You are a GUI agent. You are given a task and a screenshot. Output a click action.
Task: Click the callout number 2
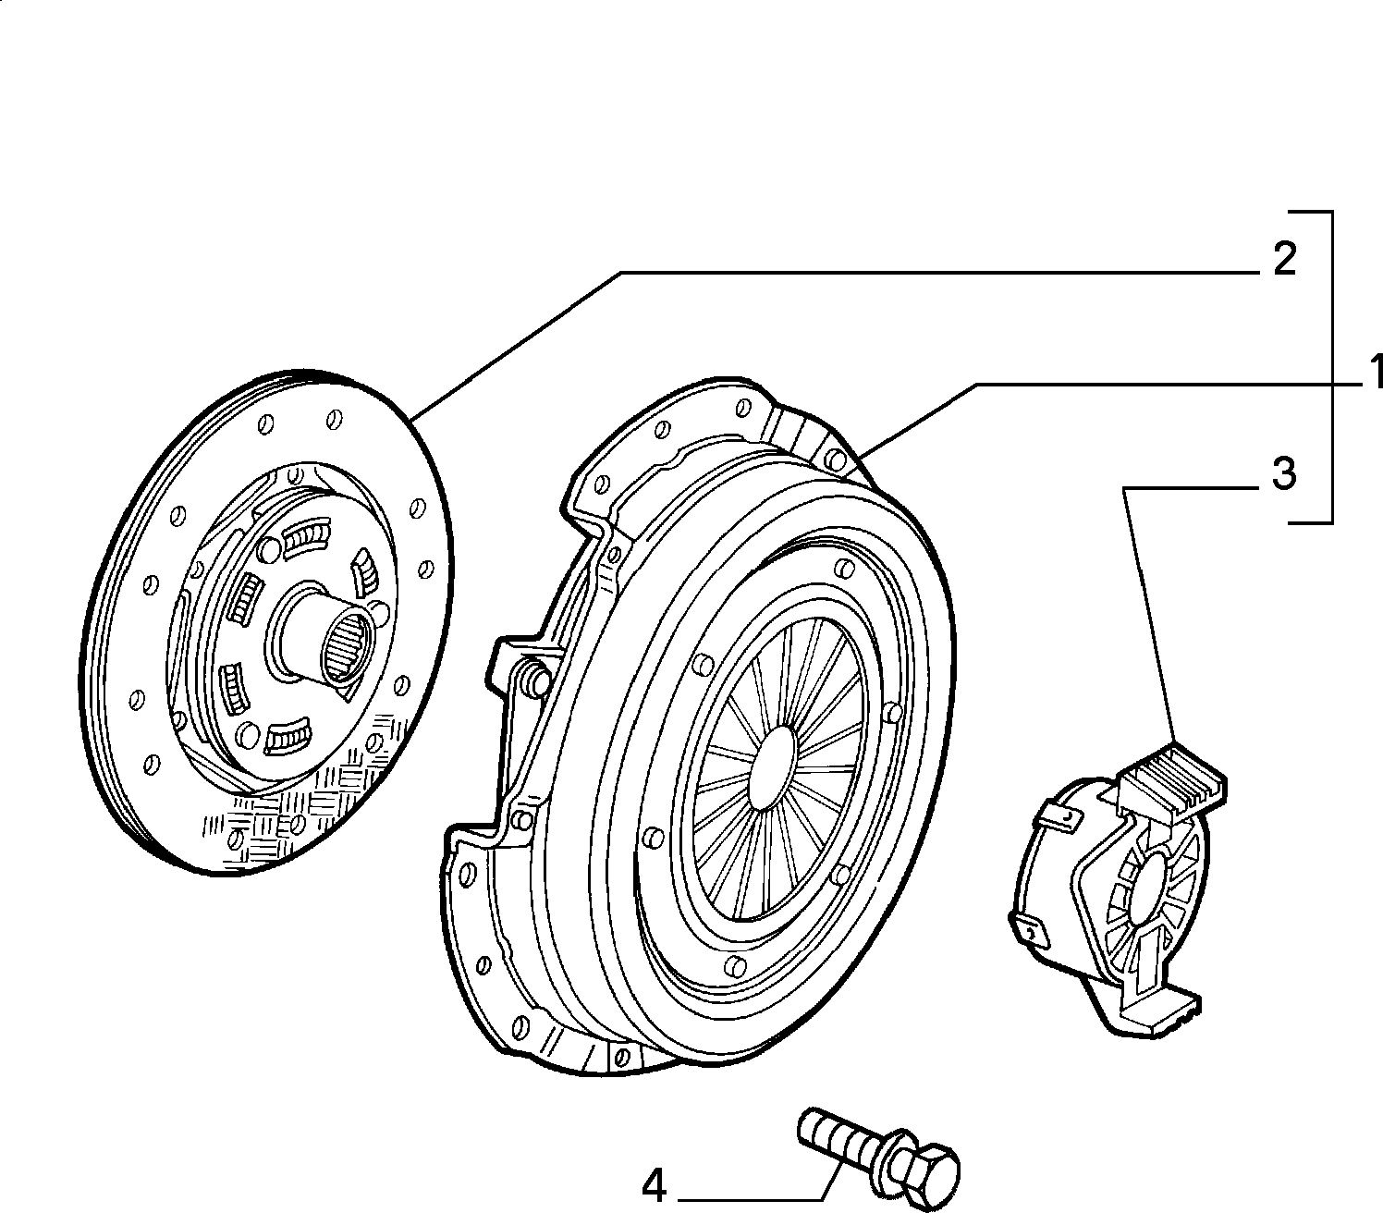tap(1284, 260)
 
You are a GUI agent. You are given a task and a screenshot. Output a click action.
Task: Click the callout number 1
tap(1374, 374)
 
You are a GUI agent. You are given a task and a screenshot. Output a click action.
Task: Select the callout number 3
tap(1284, 473)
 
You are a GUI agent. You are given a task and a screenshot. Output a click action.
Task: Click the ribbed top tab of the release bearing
tap(1173, 779)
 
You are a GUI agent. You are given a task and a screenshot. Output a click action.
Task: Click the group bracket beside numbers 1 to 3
tap(1331, 367)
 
